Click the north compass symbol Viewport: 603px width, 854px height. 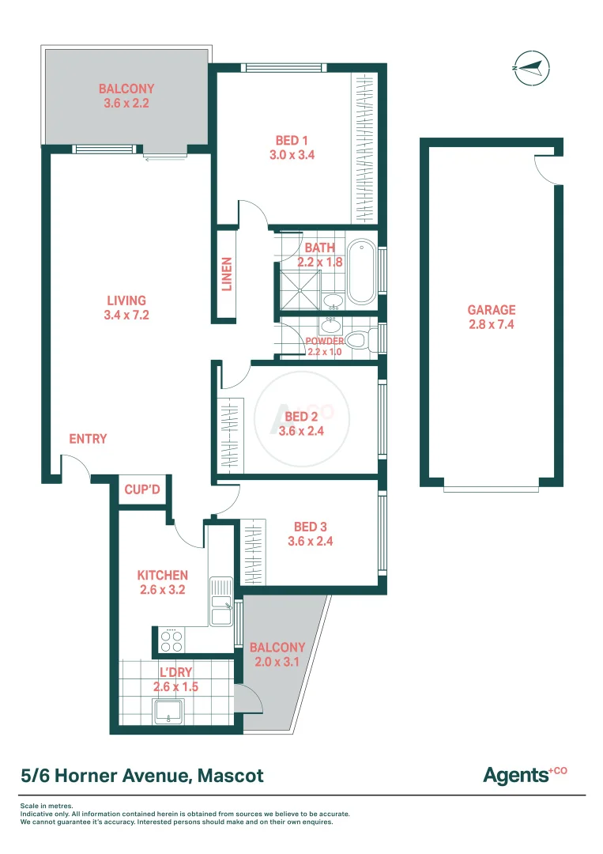coord(530,67)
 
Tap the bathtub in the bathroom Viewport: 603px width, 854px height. coord(361,271)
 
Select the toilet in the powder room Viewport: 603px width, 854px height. coord(360,341)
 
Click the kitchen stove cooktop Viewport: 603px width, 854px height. coord(171,637)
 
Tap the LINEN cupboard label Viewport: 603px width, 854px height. coord(227,274)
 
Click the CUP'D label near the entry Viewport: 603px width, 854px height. coord(142,490)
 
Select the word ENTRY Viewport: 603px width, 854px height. coord(88,439)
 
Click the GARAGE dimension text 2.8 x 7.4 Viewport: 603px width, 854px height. coord(491,324)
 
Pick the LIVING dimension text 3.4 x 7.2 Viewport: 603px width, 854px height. coord(127,315)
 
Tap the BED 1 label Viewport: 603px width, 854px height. coord(292,141)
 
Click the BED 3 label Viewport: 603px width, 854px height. coord(310,527)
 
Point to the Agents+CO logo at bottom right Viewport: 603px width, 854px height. coord(525,774)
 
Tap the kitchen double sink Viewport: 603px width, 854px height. coord(221,602)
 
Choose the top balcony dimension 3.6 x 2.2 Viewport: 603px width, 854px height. coord(126,104)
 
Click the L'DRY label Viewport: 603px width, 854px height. coord(175,673)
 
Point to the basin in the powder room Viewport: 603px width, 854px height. coord(330,325)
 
